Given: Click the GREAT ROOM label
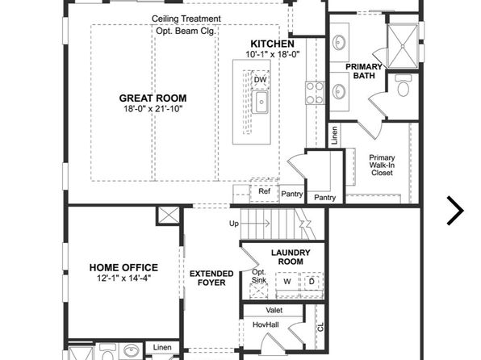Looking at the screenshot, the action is coord(153,98).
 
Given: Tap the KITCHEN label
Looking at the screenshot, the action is coord(273,44).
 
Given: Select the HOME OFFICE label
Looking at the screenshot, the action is coord(123,268).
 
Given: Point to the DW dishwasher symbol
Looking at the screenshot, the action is coord(261,80).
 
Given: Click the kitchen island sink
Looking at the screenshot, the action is coord(260,102).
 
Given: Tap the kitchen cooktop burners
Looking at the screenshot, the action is coord(315,93).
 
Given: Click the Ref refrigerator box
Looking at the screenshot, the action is coord(264,192).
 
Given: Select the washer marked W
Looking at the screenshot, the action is coord(287,282).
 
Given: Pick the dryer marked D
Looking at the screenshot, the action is coord(312,281).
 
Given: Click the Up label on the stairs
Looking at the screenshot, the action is coord(234,224).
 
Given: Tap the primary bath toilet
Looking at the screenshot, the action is coord(404,85).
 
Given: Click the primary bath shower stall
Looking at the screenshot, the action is coord(403,46).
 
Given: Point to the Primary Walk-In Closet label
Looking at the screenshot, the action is coord(382,165).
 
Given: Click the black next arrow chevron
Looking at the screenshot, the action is coord(456,211).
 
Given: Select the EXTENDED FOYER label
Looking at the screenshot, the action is coord(211,278).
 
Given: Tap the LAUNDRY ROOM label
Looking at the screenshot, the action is coord(291,257).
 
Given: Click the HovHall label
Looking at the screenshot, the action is coord(266,324).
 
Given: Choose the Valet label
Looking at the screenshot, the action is coord(274,310).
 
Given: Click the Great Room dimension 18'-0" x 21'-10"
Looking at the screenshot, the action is coord(153,109).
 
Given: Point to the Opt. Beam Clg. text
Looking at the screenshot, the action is coord(186,31).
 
